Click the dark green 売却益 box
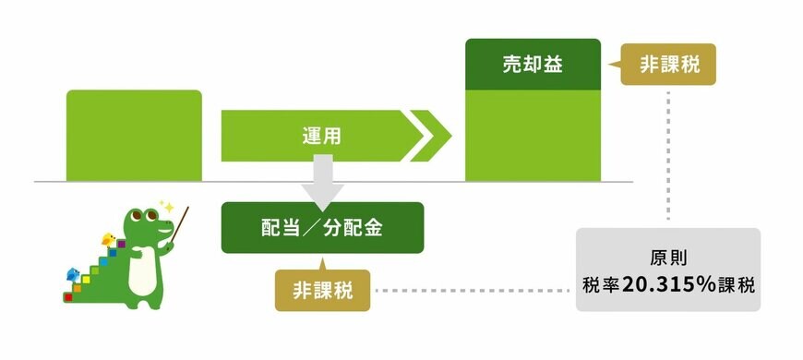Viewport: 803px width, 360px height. (x=533, y=65)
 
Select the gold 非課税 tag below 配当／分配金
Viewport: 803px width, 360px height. (x=322, y=290)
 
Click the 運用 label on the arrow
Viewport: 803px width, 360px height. (x=322, y=136)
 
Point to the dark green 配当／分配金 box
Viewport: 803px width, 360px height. (x=322, y=227)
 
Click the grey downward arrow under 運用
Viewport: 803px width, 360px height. (x=322, y=181)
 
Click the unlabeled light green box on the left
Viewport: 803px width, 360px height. (x=134, y=135)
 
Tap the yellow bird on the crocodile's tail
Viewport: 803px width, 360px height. (x=110, y=239)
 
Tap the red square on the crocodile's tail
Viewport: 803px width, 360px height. (x=67, y=297)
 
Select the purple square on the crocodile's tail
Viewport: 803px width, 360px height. (x=121, y=245)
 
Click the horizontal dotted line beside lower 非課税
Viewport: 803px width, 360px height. (x=471, y=290)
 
